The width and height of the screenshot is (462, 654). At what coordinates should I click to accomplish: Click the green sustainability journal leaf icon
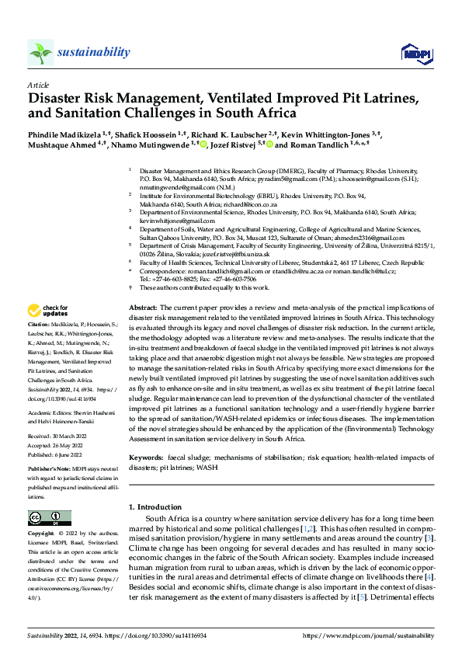point(40,52)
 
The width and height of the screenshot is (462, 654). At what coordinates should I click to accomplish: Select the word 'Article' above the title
point(38,84)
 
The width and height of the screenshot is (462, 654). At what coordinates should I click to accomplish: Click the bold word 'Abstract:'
point(144,309)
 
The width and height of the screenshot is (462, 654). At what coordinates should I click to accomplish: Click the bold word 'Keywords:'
point(147,458)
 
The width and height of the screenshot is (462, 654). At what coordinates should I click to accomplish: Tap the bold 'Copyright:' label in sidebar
point(40,535)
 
